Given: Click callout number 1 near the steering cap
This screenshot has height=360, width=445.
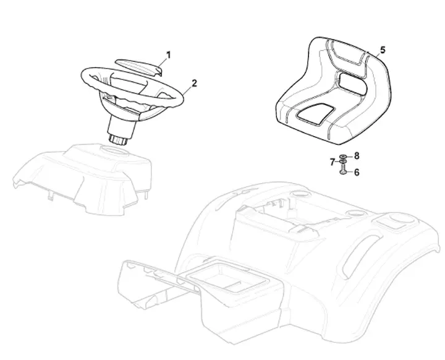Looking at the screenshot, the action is point(169,55).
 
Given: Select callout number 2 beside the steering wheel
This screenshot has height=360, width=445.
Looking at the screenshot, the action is point(194,84).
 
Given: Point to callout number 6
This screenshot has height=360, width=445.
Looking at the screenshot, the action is point(357,172).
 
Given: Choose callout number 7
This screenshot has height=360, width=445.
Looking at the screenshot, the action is point(333,162).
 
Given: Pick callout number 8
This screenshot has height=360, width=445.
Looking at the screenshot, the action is point(357,156).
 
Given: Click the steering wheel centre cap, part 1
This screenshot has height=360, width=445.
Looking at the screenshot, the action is point(138,68).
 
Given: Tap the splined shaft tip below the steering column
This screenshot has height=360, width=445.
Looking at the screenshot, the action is point(118,140).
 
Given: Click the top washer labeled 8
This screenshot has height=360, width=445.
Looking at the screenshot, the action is point(343,156).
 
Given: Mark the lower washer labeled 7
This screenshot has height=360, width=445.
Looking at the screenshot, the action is point(343,161).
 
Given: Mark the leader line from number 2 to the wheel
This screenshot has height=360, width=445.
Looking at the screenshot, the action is point(187,90).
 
